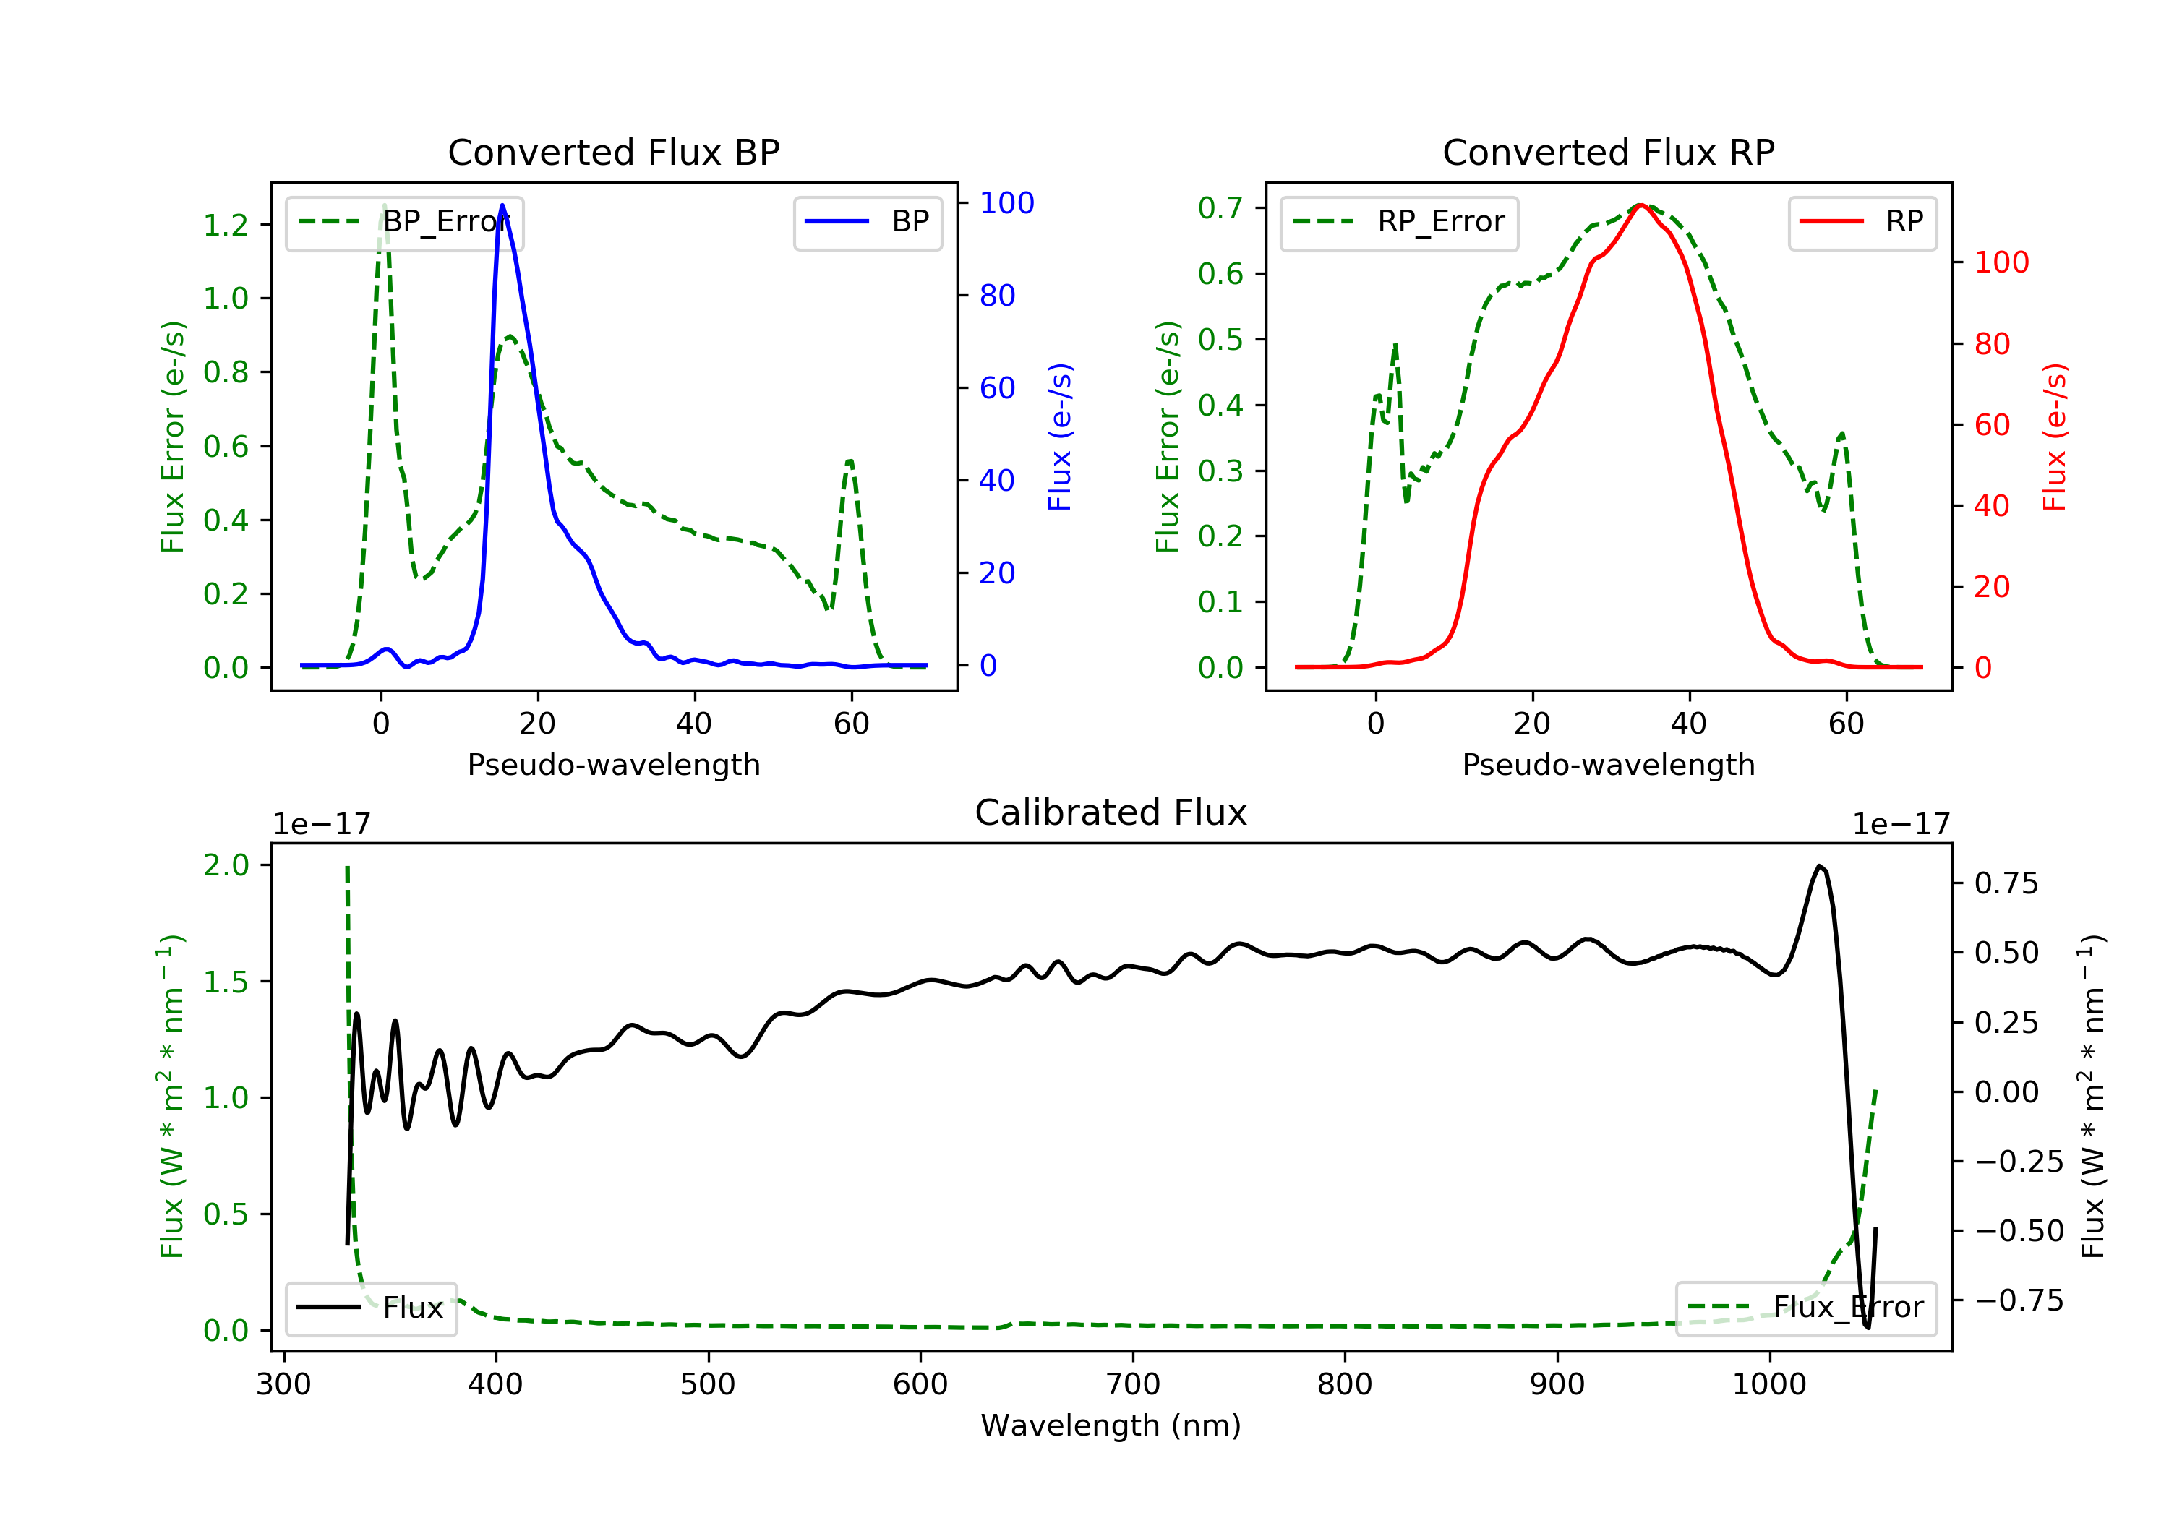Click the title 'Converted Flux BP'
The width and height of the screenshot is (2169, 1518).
(x=613, y=152)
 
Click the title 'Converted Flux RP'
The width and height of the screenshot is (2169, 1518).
(x=1608, y=152)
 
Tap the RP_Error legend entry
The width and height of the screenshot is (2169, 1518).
(x=1399, y=222)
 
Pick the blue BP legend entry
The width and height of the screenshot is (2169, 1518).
(x=867, y=222)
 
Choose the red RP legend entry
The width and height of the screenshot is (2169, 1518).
(x=1862, y=222)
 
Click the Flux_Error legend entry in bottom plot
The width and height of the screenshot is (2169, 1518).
(x=1805, y=1308)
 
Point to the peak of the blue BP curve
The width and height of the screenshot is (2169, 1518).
(x=502, y=206)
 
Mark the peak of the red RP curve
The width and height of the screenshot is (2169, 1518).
(x=1641, y=205)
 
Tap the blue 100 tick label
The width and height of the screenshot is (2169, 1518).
(x=1006, y=203)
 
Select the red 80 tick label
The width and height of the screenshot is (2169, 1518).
(x=1993, y=344)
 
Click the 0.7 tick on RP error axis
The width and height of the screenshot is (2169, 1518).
(x=1220, y=207)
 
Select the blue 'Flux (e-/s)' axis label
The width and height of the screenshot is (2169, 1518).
(x=1060, y=437)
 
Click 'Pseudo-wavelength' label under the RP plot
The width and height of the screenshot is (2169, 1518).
(x=1608, y=764)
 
